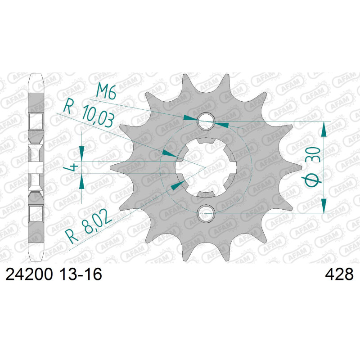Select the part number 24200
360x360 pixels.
click(29, 274)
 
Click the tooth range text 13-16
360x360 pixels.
click(81, 274)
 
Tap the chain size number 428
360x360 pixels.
click(339, 274)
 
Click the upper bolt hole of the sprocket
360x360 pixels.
click(206, 121)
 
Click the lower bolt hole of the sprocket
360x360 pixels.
click(206, 214)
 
